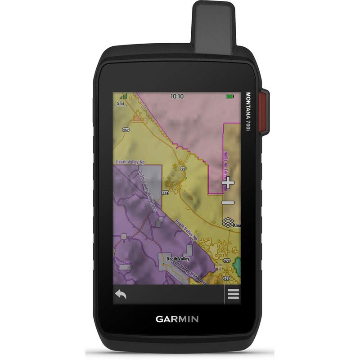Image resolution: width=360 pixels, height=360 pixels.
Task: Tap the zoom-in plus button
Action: point(229,182)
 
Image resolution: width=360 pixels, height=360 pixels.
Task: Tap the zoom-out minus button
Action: point(229,202)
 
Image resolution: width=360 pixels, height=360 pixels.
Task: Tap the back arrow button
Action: point(121,295)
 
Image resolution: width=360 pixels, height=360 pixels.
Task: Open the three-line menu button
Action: point(233,295)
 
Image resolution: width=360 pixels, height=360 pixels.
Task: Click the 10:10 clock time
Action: point(177,96)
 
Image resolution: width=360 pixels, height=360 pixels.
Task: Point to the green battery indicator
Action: point(230,96)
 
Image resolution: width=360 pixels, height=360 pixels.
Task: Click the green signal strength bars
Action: point(123,96)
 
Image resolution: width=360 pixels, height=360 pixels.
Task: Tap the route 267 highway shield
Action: point(126,130)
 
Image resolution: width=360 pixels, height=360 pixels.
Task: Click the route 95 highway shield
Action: point(183,169)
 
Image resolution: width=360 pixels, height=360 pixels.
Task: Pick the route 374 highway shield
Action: point(166,193)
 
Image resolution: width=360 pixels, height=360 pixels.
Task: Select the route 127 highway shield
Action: point(227,278)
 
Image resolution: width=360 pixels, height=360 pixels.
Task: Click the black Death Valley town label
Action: point(179,259)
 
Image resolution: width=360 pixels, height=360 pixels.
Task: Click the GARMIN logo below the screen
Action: point(177,319)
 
